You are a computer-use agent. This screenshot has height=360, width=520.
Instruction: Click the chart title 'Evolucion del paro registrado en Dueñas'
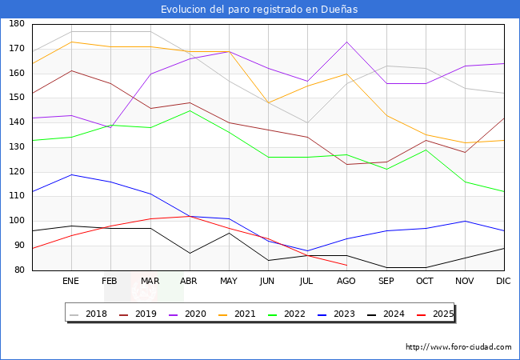tap(259, 10)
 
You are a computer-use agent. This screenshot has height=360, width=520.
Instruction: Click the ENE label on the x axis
tap(71, 282)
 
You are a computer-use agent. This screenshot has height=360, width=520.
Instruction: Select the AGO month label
tap(346, 282)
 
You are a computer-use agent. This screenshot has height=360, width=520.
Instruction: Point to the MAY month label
tap(229, 282)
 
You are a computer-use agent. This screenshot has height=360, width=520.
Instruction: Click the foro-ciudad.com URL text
tap(458, 347)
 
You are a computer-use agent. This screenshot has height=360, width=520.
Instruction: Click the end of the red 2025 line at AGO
tap(346, 265)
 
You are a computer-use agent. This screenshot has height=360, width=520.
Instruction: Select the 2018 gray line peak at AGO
tap(346, 42)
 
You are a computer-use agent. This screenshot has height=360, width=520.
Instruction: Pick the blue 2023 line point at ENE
tap(71, 174)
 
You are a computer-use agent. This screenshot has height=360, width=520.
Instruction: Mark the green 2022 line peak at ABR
tap(190, 110)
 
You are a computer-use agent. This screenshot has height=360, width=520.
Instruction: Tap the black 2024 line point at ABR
tap(190, 253)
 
